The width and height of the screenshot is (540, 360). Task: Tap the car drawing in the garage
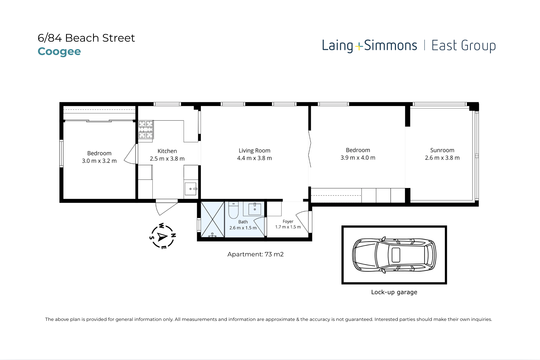pyautogui.click(x=394, y=255)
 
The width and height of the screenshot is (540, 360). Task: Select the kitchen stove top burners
pyautogui.click(x=146, y=129)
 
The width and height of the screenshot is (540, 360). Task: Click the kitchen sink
pyautogui.click(x=191, y=189)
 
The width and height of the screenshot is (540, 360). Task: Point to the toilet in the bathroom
pyautogui.click(x=233, y=210)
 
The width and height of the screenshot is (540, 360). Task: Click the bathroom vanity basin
pyautogui.click(x=255, y=209)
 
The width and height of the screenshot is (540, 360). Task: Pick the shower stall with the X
pyautogui.click(x=212, y=219)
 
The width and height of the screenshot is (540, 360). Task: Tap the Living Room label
pyautogui.click(x=254, y=150)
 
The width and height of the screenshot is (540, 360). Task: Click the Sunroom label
pyautogui.click(x=442, y=150)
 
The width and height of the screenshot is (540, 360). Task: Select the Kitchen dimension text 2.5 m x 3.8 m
pyautogui.click(x=167, y=159)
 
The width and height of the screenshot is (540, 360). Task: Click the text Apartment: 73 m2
pyautogui.click(x=255, y=254)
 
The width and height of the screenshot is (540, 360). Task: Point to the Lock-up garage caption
pyautogui.click(x=394, y=292)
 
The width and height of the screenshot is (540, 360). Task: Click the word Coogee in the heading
pyautogui.click(x=59, y=51)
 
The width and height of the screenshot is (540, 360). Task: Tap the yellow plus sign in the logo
pyautogui.click(x=359, y=47)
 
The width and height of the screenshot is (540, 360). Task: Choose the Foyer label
pyautogui.click(x=288, y=221)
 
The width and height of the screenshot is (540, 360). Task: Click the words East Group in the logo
pyautogui.click(x=464, y=46)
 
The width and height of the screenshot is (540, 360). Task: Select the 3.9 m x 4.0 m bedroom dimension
pyautogui.click(x=358, y=158)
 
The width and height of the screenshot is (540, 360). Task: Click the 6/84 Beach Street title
pyautogui.click(x=86, y=38)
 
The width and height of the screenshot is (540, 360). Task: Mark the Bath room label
pyautogui.click(x=243, y=222)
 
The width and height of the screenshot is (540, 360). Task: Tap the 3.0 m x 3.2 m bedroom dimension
pyautogui.click(x=99, y=161)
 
